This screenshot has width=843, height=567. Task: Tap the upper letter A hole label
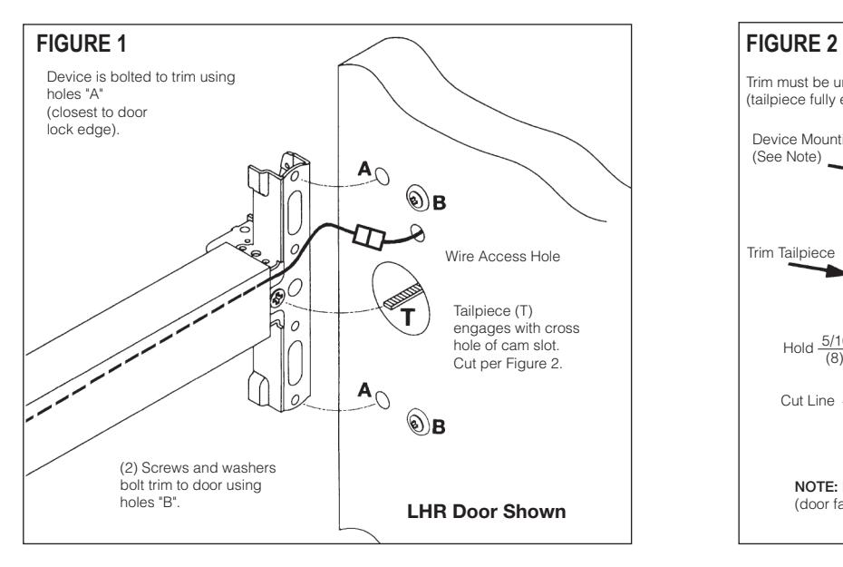click(x=364, y=169)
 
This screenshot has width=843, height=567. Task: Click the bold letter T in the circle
click(x=408, y=318)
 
